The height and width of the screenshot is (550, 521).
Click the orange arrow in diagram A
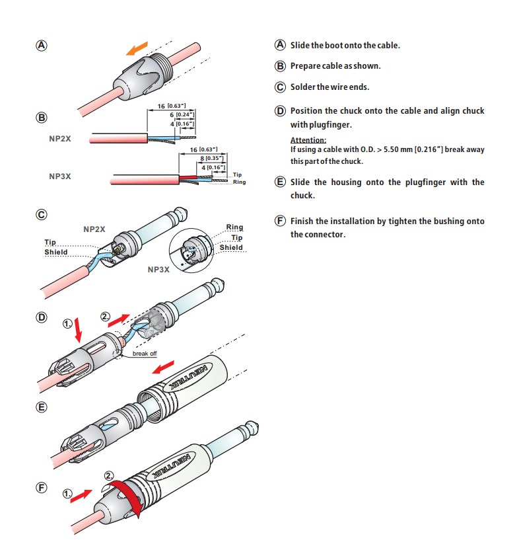[x=137, y=48]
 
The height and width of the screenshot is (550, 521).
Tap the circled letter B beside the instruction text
[x=280, y=66]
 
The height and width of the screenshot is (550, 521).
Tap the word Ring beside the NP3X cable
[x=239, y=182]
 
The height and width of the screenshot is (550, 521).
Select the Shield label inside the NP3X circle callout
[x=231, y=247]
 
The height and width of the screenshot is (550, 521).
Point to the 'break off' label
[x=145, y=354]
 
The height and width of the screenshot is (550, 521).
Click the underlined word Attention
[x=308, y=140]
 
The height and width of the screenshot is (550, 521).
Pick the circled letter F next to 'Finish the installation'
[x=280, y=221]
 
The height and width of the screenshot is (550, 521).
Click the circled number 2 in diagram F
[x=110, y=476]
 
